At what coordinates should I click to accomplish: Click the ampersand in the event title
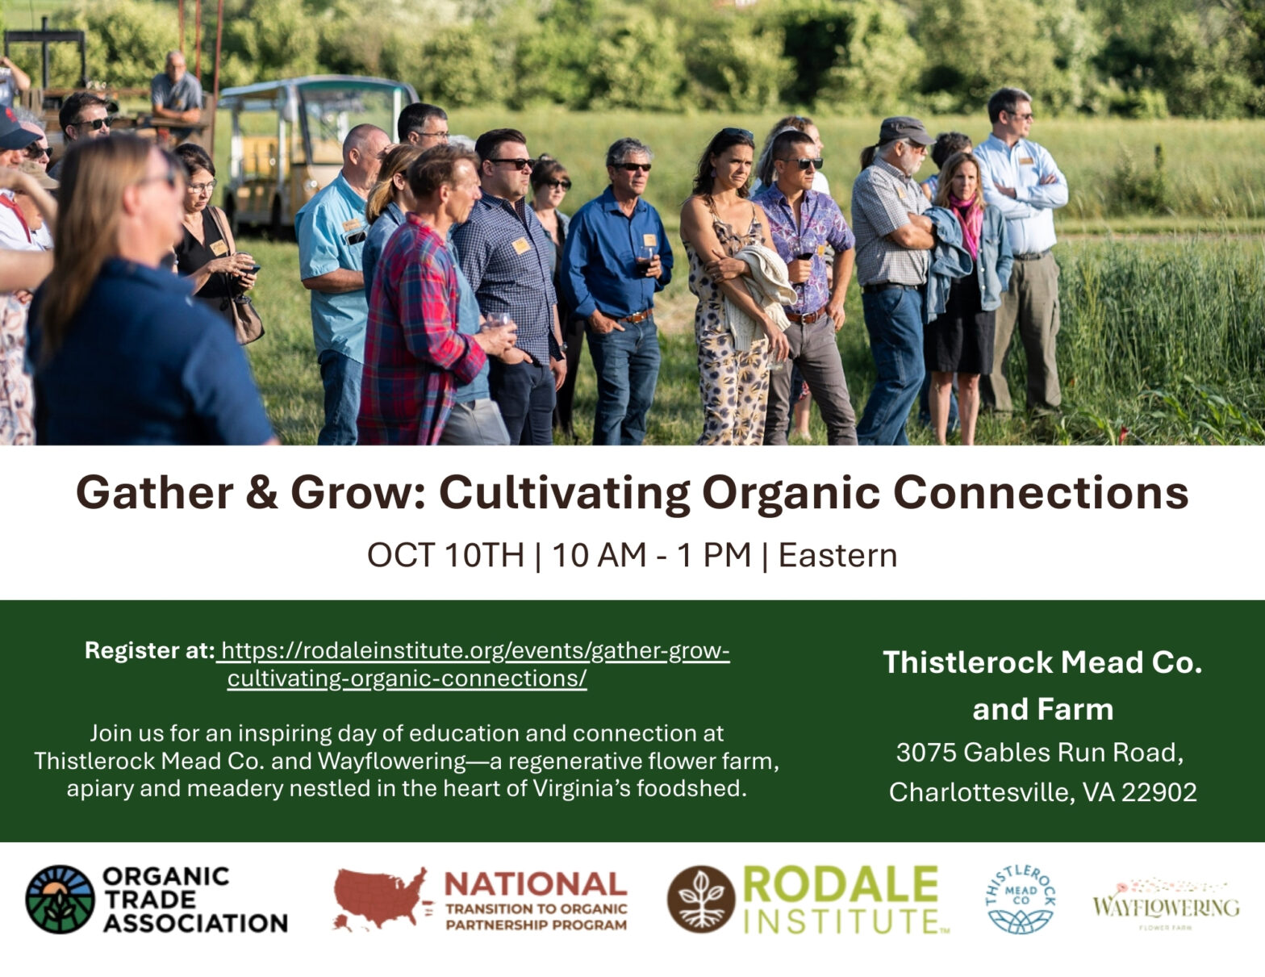261,492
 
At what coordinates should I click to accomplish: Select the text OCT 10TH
445,555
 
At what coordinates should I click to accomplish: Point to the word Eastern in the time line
837,555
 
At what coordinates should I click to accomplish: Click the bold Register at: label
149,650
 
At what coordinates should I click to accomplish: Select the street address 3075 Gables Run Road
1040,753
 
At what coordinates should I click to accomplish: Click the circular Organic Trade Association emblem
60,899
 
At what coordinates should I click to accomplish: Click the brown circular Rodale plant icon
701,899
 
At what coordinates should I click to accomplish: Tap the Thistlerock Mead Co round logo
1021,899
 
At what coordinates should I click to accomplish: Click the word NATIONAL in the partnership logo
536,884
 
